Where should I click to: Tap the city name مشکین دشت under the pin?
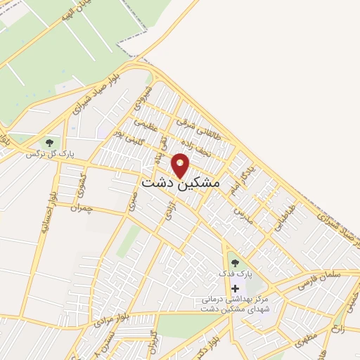point(181,182)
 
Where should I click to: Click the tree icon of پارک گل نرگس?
point(49,143)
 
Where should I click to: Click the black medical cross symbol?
point(235,288)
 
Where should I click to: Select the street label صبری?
point(133,200)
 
